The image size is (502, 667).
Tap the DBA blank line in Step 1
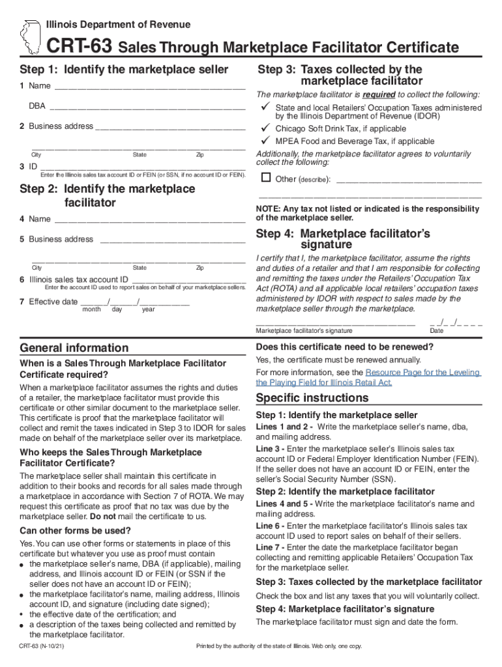[x=147, y=106]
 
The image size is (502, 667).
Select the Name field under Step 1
[x=150, y=86]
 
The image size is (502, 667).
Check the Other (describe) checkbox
[x=265, y=178]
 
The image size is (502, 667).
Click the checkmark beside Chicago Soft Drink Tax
[x=265, y=128]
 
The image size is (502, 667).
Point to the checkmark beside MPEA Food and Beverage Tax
[x=265, y=141]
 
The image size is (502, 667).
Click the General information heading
[x=74, y=348]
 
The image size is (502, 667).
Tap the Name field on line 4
[x=150, y=220]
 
